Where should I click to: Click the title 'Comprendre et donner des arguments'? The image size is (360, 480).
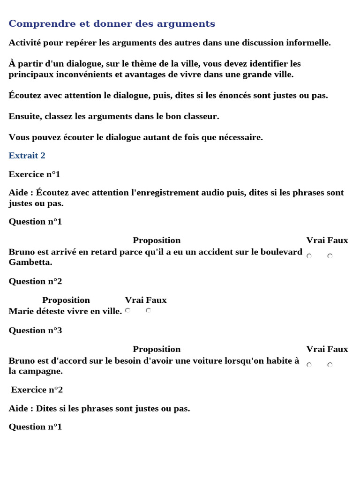[x=112, y=23]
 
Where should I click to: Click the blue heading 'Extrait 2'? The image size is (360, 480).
[x=27, y=155]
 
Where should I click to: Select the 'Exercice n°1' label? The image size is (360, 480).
[x=35, y=174]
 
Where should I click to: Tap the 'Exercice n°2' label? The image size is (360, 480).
[x=37, y=390]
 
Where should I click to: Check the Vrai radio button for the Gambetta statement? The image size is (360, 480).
[x=309, y=256]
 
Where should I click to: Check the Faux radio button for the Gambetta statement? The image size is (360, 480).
[x=330, y=256]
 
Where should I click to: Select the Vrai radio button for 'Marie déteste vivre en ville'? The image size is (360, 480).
[x=127, y=310]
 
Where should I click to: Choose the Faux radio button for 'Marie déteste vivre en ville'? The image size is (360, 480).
[x=148, y=310]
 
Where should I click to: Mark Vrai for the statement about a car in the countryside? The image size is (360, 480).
[x=309, y=365]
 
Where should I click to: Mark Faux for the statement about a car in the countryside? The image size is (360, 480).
[x=330, y=365]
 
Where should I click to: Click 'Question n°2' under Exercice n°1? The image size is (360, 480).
[x=35, y=281]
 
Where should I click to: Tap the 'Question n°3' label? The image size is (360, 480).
[x=35, y=330]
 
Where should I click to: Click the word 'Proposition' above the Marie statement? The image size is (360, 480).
[x=66, y=300]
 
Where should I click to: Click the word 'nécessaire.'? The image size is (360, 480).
[x=239, y=137]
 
